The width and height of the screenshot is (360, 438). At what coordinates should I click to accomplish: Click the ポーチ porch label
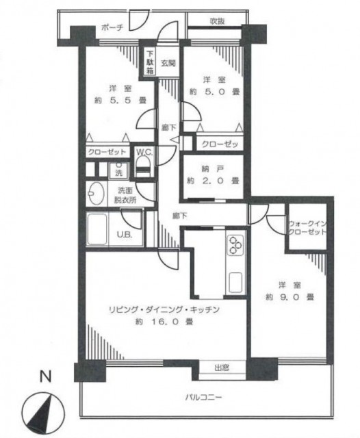click(112, 27)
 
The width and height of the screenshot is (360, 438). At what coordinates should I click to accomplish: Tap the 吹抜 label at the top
click(217, 21)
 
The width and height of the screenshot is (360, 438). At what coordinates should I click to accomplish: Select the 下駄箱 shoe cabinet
click(151, 62)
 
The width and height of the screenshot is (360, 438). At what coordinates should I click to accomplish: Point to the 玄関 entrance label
click(168, 63)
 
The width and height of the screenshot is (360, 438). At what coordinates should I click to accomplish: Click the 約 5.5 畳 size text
click(120, 100)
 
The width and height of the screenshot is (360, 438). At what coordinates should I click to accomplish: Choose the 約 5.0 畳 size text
click(214, 91)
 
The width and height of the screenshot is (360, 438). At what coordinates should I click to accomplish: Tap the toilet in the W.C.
click(143, 167)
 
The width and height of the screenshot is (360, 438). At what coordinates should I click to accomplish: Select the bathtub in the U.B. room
click(97, 229)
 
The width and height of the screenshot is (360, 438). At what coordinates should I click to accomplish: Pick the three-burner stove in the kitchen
click(235, 245)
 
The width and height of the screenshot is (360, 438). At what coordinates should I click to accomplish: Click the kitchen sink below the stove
click(235, 282)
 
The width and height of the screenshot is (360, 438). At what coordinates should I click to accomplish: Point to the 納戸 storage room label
click(213, 169)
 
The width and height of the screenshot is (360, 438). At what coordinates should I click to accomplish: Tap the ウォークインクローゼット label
click(307, 228)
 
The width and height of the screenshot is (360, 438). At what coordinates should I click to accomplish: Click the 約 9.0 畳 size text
click(290, 296)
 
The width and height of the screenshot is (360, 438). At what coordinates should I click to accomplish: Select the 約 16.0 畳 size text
click(164, 322)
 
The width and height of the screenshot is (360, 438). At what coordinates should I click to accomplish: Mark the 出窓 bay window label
click(222, 368)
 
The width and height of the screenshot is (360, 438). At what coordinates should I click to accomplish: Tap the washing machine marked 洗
click(118, 170)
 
